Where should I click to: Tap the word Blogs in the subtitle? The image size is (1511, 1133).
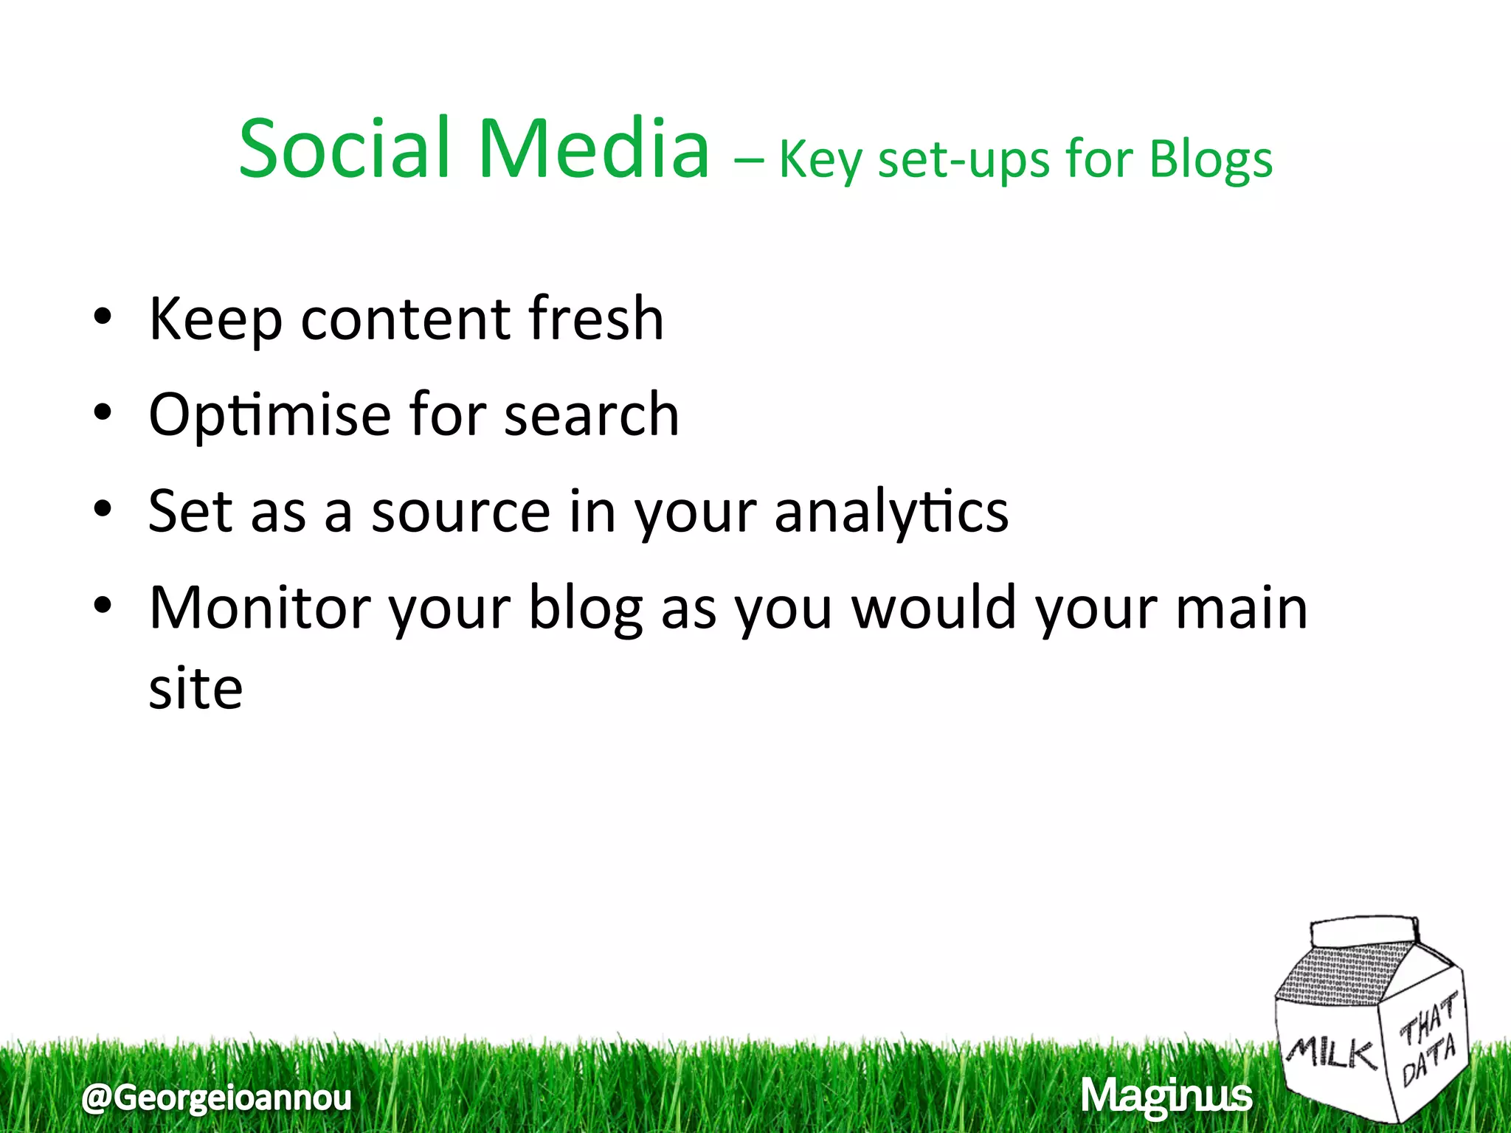coord(1211,160)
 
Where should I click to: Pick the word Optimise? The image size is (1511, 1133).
coord(269,415)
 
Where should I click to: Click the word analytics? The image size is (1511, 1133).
coord(891,512)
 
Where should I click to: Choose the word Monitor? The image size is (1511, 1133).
coord(259,608)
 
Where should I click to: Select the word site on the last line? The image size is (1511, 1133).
coord(196,689)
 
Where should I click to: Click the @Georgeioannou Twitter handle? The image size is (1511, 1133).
coord(217,1098)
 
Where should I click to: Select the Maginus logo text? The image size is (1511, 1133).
coord(1166,1096)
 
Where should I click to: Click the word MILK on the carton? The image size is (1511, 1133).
coord(1332,1053)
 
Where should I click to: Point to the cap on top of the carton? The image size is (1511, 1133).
coord(1365,931)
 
